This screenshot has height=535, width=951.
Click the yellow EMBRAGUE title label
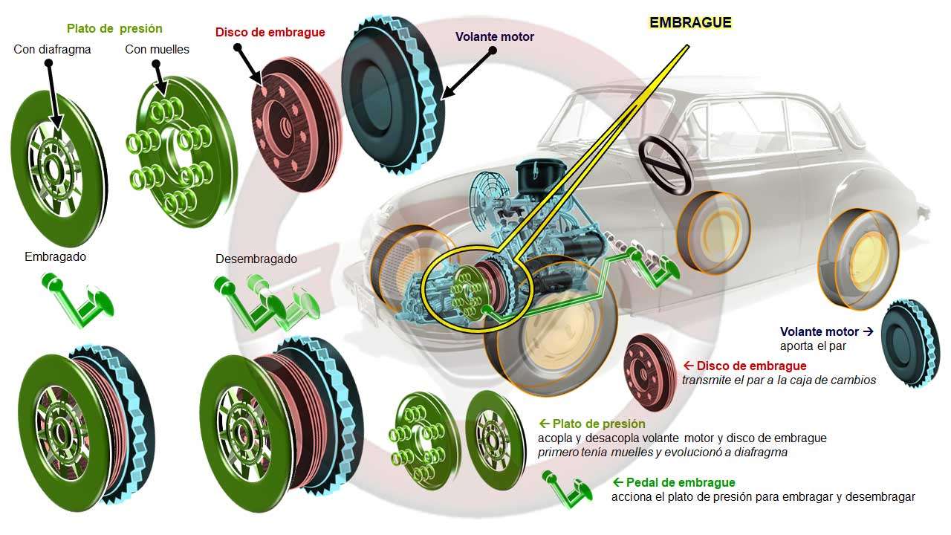tap(690, 22)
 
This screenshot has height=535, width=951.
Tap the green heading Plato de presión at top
tap(114, 29)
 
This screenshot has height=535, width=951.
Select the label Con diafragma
tap(52, 50)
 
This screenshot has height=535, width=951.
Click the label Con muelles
tap(157, 50)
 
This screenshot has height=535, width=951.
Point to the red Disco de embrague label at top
tap(270, 33)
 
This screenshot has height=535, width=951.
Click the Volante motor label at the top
tap(494, 36)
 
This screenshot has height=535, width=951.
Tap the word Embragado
tap(55, 257)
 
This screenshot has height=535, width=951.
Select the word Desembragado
tap(256, 259)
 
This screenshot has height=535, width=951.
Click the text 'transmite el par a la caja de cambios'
tap(779, 380)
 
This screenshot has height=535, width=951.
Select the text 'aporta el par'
tap(813, 346)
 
